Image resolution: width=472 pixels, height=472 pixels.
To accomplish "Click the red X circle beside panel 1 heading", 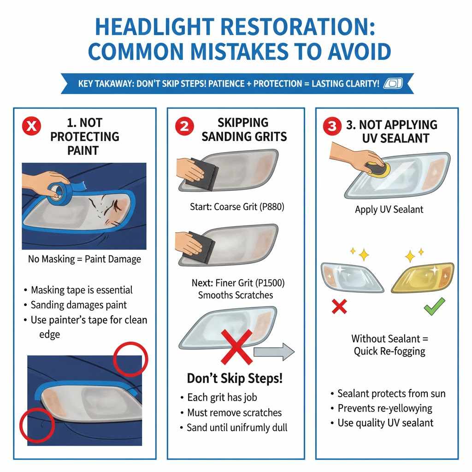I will [32, 126].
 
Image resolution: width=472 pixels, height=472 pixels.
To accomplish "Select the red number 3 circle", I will [332, 126].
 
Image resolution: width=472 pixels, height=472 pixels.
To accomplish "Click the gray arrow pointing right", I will [274, 353].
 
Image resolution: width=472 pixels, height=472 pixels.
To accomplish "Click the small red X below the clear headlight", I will [339, 306].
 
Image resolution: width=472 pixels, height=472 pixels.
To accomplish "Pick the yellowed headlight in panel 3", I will [422, 278].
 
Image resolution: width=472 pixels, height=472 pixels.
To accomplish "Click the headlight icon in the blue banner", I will [393, 83].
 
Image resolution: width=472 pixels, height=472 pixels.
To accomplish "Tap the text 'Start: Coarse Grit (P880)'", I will [237, 207].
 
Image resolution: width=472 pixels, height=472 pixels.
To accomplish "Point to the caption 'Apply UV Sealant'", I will [389, 209].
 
